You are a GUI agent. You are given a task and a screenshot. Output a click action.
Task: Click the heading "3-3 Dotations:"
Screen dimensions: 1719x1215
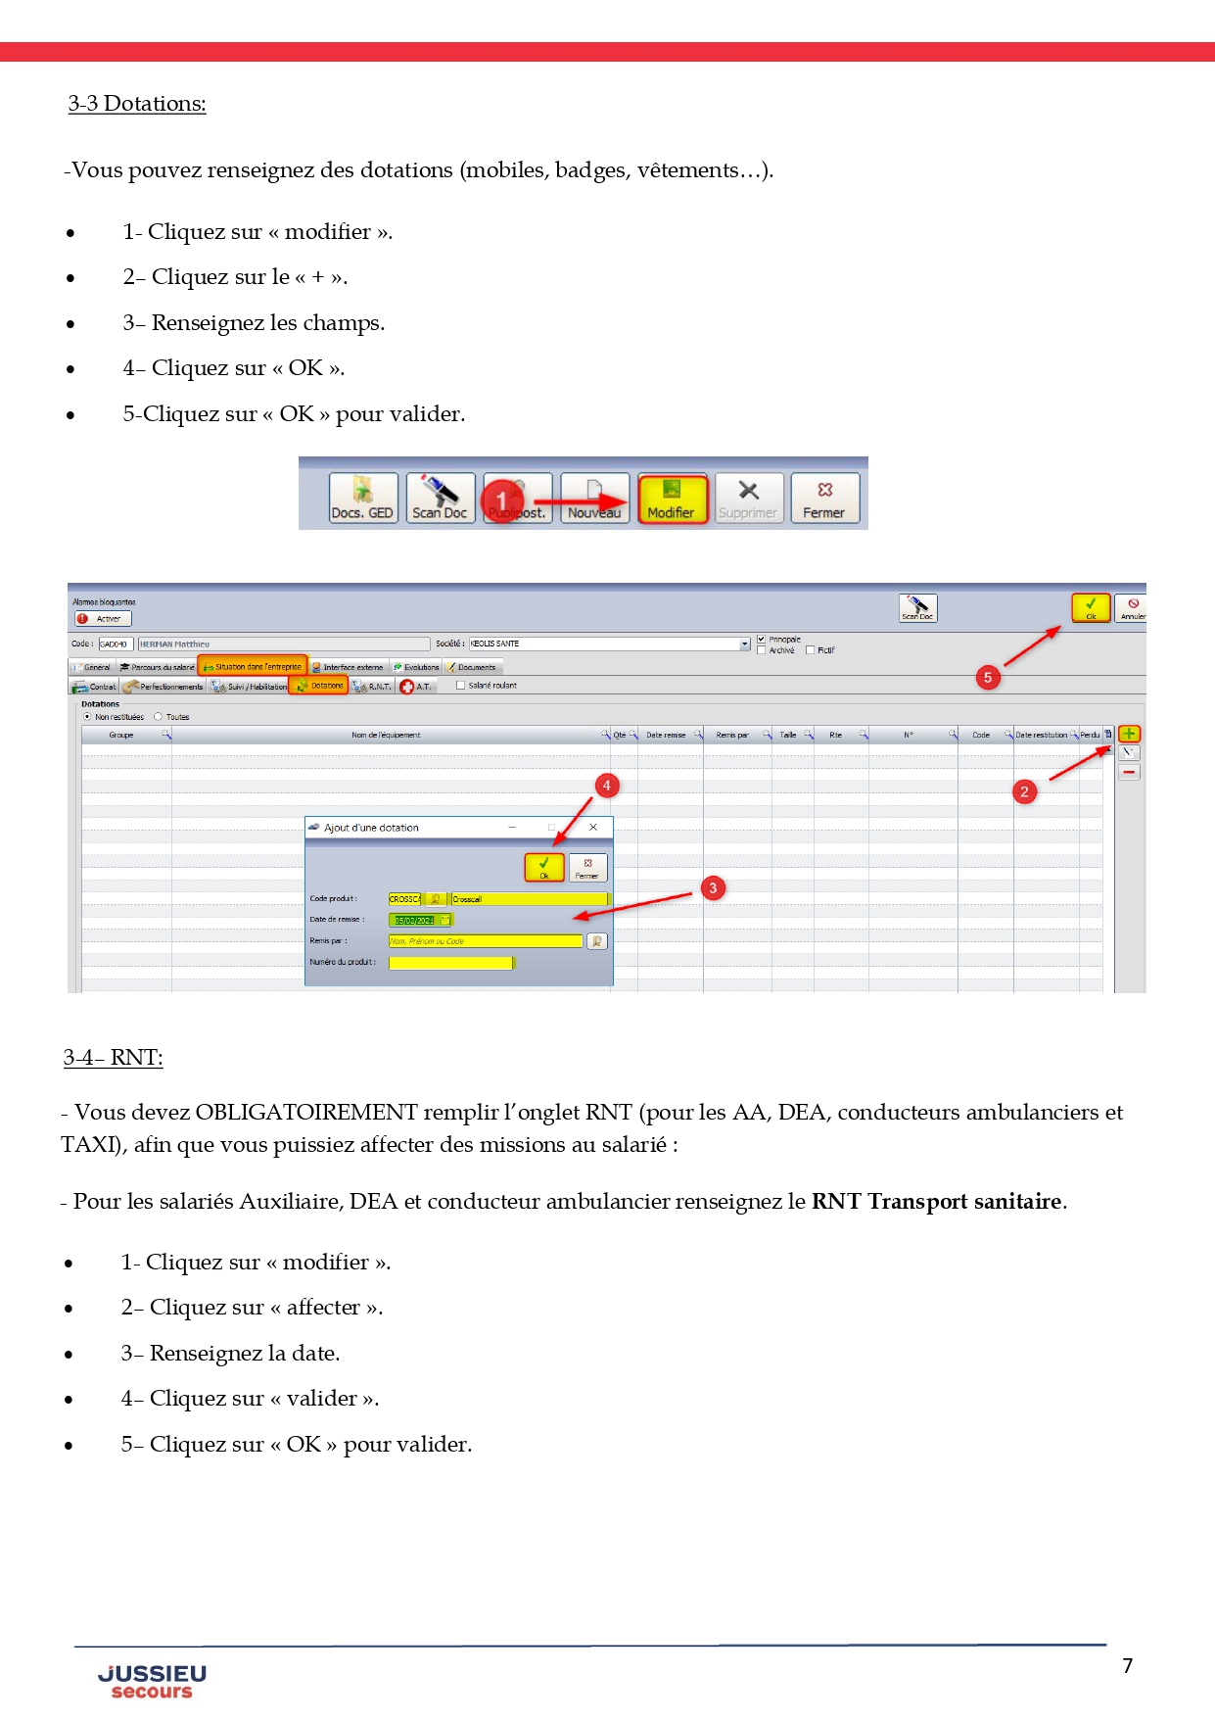[x=137, y=104]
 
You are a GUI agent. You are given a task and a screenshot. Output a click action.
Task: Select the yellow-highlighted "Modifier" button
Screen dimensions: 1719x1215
[x=672, y=499]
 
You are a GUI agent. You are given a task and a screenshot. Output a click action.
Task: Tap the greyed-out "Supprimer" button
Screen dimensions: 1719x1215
[x=748, y=499]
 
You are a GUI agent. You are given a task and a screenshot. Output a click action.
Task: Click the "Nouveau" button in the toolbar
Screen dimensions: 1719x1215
[x=594, y=499]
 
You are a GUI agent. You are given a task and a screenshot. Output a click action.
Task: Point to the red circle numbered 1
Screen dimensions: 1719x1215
[x=502, y=501]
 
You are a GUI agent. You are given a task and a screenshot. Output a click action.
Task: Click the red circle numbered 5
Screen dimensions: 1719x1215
[x=988, y=678]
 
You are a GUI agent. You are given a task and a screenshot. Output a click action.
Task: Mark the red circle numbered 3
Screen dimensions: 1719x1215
[x=713, y=888]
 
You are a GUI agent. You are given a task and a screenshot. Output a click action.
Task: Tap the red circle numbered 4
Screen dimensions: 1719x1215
[x=607, y=786]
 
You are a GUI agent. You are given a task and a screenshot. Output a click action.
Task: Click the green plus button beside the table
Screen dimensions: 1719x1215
[x=1129, y=734]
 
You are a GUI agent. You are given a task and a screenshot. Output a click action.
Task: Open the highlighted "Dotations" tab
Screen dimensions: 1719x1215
[x=319, y=686]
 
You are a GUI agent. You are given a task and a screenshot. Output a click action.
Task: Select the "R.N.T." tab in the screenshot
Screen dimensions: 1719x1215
[x=373, y=687]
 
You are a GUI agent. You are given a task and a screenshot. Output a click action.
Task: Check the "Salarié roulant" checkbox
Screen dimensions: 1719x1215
[x=461, y=686]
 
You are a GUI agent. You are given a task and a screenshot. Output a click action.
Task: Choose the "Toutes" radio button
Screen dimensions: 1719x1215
[x=159, y=717]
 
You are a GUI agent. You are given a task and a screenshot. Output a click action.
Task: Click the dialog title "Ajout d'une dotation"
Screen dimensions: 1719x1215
[x=371, y=828]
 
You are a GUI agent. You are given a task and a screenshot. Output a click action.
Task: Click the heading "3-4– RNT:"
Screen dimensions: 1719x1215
[x=114, y=1058]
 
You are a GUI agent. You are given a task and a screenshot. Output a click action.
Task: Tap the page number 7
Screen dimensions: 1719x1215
[x=1128, y=1666]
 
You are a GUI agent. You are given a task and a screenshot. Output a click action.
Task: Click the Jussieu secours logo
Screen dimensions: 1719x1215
[x=152, y=1681]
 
